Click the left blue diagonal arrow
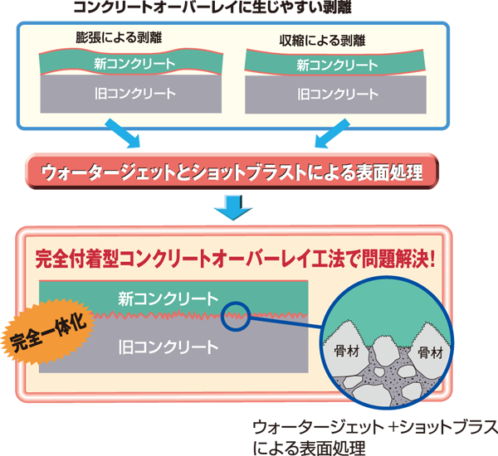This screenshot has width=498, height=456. click(x=122, y=130)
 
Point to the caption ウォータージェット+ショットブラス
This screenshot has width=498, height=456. click(x=374, y=428)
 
